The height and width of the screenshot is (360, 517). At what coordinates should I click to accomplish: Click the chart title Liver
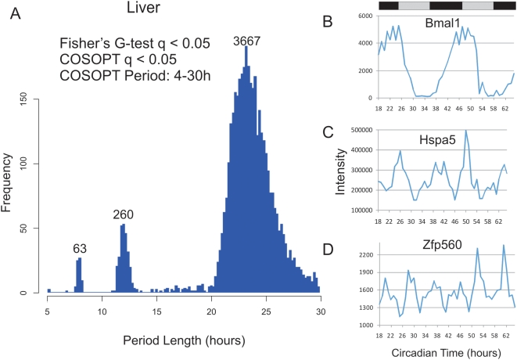tap(145, 10)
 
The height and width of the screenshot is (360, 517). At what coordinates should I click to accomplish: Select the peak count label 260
tap(124, 214)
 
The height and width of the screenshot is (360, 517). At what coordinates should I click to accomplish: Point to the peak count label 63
tap(79, 249)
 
